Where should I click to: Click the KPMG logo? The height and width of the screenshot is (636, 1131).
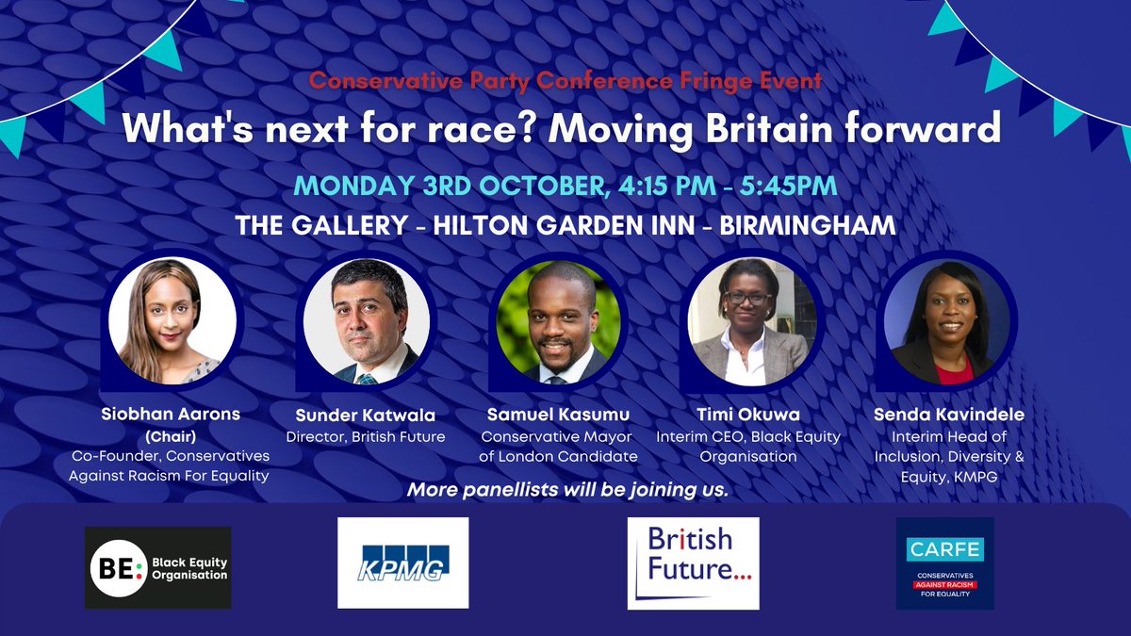pyautogui.click(x=402, y=563)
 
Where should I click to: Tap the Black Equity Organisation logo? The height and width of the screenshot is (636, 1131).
pyautogui.click(x=157, y=567)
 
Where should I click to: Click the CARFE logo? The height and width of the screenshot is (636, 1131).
pyautogui.click(x=944, y=563)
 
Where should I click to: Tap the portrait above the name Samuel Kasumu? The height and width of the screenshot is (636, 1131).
pyautogui.click(x=559, y=321)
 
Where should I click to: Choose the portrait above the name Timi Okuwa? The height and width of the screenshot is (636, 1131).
pyautogui.click(x=750, y=321)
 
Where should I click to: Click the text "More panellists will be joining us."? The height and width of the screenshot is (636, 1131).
pyautogui.click(x=567, y=491)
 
